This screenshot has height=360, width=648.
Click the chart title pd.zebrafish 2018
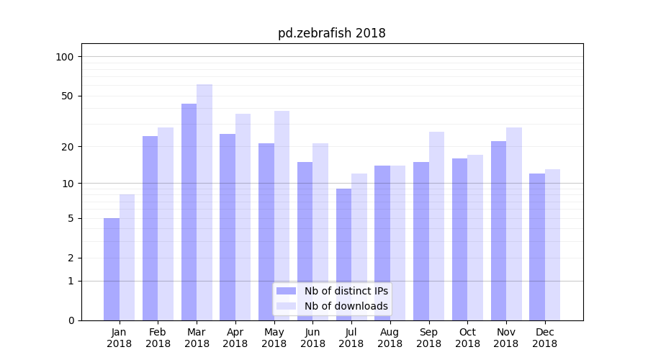pos(331,33)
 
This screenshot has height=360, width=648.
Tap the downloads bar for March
pos(204,202)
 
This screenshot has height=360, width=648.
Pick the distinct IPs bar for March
pos(189,212)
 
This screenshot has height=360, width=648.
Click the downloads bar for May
pos(282,215)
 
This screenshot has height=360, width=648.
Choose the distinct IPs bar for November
pos(498,230)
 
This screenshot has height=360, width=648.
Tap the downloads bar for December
pos(552,244)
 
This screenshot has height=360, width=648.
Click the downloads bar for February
pos(166,223)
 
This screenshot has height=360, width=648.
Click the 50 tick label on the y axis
pos(68,96)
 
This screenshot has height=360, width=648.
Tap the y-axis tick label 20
pos(68,147)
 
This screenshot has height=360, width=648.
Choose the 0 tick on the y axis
pos(71,320)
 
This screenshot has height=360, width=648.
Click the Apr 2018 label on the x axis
pos(235,338)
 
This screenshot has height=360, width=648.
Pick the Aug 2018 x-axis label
pos(390,338)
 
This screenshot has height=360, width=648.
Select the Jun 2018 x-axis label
pos(312,338)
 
